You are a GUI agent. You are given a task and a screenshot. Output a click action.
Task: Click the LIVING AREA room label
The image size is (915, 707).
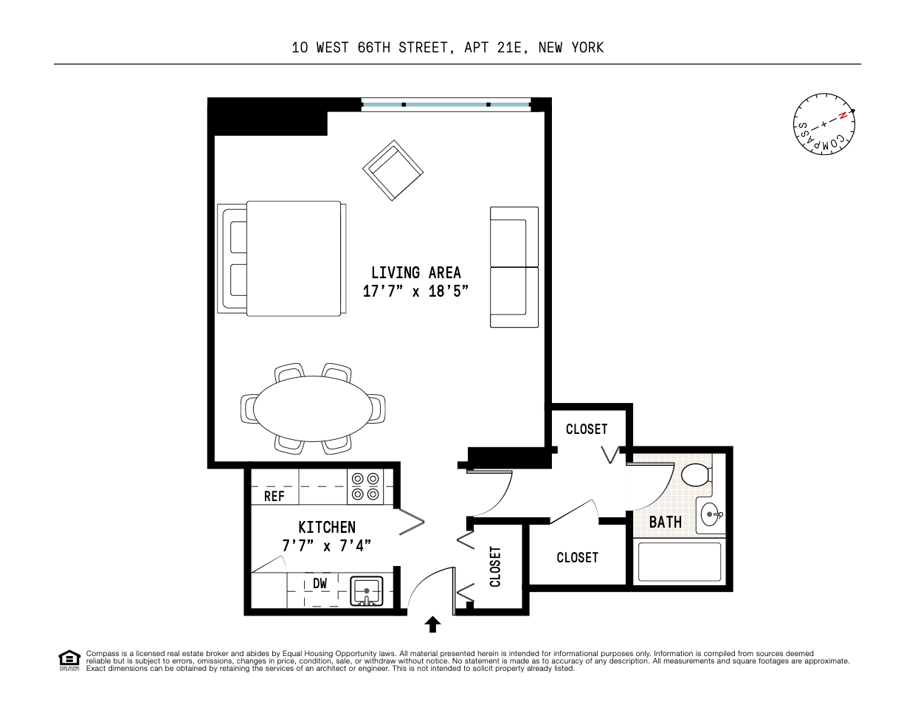(x=415, y=272)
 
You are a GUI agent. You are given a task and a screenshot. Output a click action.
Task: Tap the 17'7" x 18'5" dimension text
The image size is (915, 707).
(x=415, y=292)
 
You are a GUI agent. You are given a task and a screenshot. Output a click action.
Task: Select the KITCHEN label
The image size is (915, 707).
(x=326, y=527)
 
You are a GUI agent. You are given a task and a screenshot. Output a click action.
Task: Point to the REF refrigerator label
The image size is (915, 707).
(x=274, y=497)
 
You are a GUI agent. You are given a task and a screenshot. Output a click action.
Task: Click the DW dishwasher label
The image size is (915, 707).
(x=320, y=584)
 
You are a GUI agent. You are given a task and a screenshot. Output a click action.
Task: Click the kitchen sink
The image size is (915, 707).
(x=366, y=590)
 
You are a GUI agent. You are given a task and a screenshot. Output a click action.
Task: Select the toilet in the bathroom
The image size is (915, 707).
(x=695, y=475)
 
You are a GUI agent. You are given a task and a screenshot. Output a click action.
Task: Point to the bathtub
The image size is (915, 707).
(x=679, y=562)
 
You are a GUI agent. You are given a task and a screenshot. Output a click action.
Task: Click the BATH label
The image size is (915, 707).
(x=665, y=522)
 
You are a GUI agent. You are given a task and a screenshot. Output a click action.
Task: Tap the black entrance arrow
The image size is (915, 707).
(x=432, y=625)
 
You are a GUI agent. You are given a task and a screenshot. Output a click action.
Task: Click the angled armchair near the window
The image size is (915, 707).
(x=393, y=170)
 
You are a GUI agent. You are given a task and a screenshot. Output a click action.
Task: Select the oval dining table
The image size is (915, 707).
(x=313, y=408)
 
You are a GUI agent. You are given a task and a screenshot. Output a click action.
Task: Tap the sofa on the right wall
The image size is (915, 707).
(x=514, y=267)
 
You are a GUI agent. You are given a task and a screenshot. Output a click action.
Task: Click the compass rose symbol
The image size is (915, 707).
(x=823, y=124)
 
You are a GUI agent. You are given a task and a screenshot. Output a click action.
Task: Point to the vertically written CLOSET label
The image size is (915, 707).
(x=495, y=567)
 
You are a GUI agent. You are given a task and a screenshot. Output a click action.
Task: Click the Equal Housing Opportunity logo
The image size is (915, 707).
(x=69, y=660)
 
